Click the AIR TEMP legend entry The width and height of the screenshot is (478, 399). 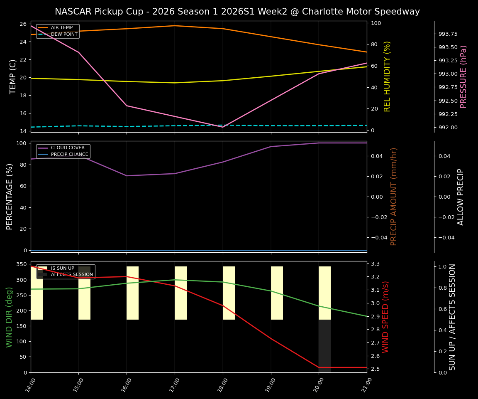click(x=61, y=28)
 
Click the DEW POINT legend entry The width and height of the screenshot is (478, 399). click(x=64, y=34)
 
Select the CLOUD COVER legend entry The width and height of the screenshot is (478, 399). click(x=68, y=148)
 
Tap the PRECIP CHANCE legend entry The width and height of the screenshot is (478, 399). click(x=69, y=155)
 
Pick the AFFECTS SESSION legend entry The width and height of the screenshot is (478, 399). click(x=71, y=275)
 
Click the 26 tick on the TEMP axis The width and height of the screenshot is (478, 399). click(x=22, y=24)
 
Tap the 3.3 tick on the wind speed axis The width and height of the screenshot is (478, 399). click(x=375, y=264)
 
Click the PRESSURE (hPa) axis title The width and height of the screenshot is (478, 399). click(x=463, y=76)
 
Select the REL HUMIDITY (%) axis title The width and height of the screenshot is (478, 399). click(x=387, y=76)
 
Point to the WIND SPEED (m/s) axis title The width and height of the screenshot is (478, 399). click(x=386, y=317)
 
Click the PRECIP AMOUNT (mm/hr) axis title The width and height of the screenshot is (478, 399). click(x=394, y=197)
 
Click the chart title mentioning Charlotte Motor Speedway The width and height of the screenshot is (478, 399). click(x=237, y=12)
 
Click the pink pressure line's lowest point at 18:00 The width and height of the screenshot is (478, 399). click(x=223, y=127)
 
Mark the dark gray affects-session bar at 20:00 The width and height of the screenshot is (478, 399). click(x=324, y=346)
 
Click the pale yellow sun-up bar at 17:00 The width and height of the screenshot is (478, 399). click(x=180, y=293)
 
